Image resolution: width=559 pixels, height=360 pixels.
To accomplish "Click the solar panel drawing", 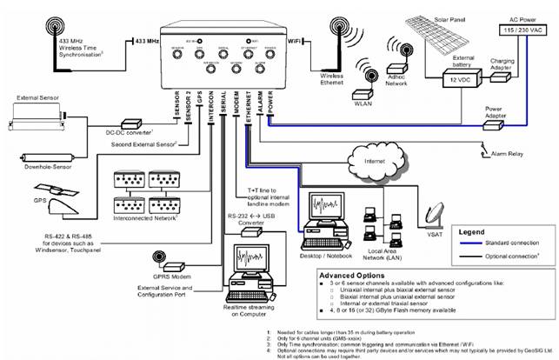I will pos(426,35).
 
